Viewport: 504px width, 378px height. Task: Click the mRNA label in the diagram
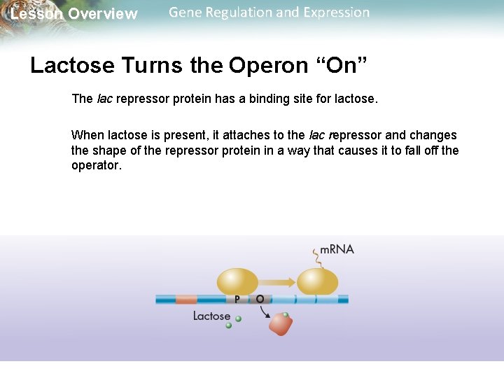(x=337, y=250)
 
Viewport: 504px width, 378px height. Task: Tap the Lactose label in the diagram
(x=211, y=316)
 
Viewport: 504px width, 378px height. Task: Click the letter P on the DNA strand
(x=237, y=299)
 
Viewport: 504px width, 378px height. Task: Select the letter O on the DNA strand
(x=260, y=299)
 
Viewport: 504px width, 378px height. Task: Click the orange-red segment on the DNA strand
(x=186, y=300)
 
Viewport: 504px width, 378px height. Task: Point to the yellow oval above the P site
(x=237, y=281)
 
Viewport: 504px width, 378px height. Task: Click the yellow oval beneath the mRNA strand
(x=317, y=281)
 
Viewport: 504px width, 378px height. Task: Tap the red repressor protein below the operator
(x=281, y=324)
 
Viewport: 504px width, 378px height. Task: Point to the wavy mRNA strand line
(x=316, y=258)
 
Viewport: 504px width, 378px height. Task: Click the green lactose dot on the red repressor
(x=285, y=314)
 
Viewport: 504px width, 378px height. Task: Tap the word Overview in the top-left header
(x=103, y=14)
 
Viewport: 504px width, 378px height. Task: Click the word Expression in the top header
(x=336, y=13)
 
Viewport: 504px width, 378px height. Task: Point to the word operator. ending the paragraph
(x=97, y=166)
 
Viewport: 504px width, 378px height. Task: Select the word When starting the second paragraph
(x=87, y=135)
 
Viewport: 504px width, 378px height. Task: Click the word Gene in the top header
(x=185, y=13)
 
